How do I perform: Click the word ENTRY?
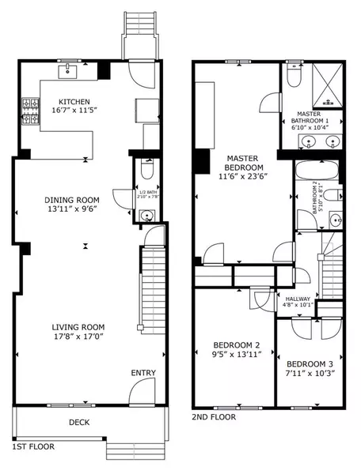tap(142, 373)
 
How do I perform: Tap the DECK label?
tap(79, 423)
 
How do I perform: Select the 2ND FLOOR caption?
tap(215, 416)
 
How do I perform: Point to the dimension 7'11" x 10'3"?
tap(310, 373)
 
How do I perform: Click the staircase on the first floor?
tap(150, 292)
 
